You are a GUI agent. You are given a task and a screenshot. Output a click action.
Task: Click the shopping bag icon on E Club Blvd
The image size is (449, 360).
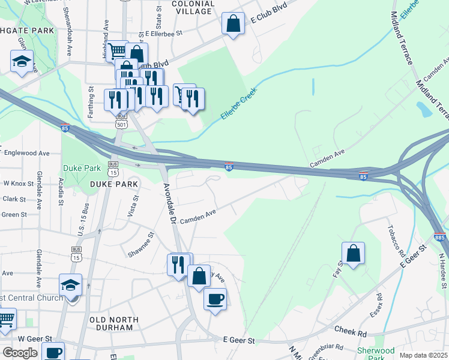pyautogui.click(x=233, y=24)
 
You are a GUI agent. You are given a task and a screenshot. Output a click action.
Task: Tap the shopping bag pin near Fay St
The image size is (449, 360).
pyautogui.click(x=354, y=253)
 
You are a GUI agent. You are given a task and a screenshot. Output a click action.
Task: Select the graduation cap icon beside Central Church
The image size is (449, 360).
pyautogui.click(x=71, y=285)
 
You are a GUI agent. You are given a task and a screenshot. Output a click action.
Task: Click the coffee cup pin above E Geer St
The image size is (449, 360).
pyautogui.click(x=215, y=298)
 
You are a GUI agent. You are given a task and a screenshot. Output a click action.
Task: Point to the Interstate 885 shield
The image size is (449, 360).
pyautogui.click(x=439, y=238)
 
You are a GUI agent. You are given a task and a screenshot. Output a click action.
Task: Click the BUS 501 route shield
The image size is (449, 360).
pyautogui.click(x=122, y=121)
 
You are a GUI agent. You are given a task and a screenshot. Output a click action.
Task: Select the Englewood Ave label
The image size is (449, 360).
pyautogui.click(x=26, y=153)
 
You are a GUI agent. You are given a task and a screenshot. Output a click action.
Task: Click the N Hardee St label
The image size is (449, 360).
pyautogui.click(x=443, y=269)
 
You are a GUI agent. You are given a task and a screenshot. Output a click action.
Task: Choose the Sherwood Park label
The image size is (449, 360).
pyautogui.click(x=375, y=353)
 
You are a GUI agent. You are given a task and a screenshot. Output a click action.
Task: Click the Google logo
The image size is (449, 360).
pyautogui.click(x=20, y=352)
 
